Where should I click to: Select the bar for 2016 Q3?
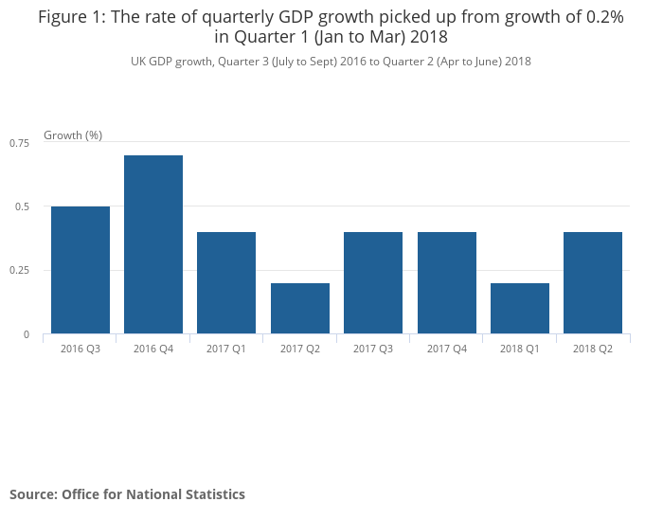coord(81,270)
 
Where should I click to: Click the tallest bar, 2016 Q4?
coord(153,244)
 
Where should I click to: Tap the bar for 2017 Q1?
coord(226,282)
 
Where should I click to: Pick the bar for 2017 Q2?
coord(300,308)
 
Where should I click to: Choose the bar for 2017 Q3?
coord(373,282)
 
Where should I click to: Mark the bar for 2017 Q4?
coord(447,282)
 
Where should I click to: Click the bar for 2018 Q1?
coord(520,308)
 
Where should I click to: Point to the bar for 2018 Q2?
coord(593,282)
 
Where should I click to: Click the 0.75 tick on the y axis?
coord(20,142)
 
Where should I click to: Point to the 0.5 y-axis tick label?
coord(24,206)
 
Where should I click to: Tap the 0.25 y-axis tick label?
coord(20,271)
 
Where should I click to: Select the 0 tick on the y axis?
coord(27,334)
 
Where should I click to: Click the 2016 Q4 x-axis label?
coord(153,350)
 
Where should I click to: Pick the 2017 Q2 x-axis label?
coord(300,350)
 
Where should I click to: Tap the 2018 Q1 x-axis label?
coord(520,350)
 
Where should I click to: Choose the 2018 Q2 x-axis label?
coord(593,350)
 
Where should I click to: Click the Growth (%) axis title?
coord(73,134)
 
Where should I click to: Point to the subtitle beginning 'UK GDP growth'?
coord(331,62)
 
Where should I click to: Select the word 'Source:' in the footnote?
coord(33,493)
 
